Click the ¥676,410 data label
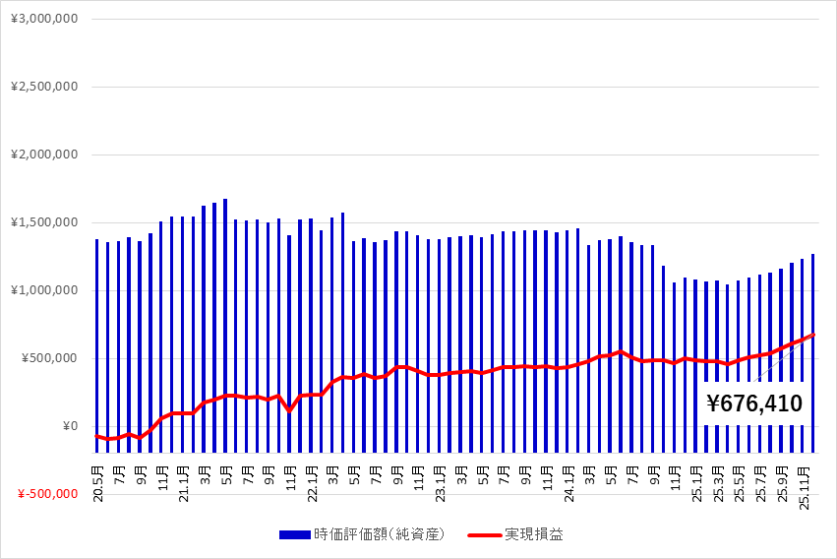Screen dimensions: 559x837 point(753,403)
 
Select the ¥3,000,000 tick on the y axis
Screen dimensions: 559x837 point(43,20)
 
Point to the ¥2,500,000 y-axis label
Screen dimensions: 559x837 point(43,87)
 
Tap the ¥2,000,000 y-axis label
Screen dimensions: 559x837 point(43,155)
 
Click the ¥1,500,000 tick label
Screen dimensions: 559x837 point(43,222)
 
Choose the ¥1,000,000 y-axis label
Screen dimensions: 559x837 point(43,290)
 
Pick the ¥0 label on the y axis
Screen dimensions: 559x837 point(70,426)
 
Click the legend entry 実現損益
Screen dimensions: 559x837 point(534,534)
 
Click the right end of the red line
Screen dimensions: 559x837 point(813,335)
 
